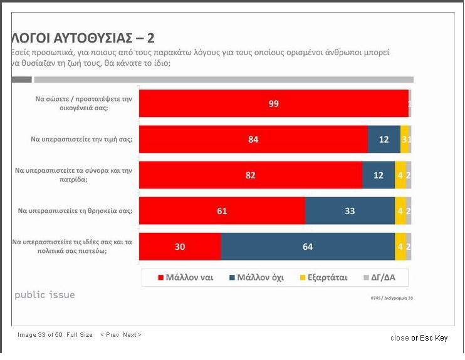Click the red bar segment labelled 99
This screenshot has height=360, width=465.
click(273, 103)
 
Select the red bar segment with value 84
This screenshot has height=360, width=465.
click(253, 139)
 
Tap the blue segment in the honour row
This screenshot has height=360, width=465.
click(384, 139)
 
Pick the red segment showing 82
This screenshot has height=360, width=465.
click(251, 175)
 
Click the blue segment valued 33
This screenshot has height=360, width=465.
click(350, 211)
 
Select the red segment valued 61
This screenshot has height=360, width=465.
click(222, 211)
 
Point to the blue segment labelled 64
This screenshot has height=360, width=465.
click(308, 247)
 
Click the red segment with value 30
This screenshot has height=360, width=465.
click(180, 247)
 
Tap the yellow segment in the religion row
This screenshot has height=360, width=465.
click(400, 211)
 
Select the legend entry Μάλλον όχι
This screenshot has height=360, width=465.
click(256, 277)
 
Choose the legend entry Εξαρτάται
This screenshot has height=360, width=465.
click(322, 277)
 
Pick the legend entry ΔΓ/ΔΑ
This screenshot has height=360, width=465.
click(384, 277)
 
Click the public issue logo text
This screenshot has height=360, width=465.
click(44, 295)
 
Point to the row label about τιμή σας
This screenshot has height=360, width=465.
click(81, 139)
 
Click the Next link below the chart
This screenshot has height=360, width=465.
click(132, 335)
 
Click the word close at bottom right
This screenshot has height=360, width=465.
click(399, 338)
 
